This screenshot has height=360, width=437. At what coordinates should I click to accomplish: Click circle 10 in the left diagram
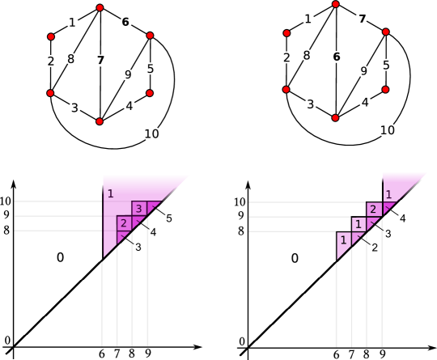click(x=152, y=134)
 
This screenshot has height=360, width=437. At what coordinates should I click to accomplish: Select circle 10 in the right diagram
click(x=388, y=130)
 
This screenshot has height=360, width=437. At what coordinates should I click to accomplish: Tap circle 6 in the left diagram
click(x=126, y=22)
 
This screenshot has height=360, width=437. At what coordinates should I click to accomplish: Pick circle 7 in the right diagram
click(x=362, y=18)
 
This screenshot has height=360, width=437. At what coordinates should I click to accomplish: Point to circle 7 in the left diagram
click(x=100, y=61)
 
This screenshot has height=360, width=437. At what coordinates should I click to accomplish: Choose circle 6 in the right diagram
click(x=337, y=57)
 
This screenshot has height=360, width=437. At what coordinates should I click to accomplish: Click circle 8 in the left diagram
click(x=71, y=58)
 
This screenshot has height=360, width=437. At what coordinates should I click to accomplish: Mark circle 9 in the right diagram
click(x=363, y=71)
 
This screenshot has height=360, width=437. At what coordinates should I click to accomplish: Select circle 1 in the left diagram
click(x=72, y=22)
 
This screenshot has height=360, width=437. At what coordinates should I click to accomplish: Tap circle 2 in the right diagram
click(x=286, y=57)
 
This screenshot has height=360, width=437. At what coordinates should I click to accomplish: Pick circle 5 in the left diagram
click(x=151, y=69)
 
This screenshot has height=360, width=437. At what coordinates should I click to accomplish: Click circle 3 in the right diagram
click(x=310, y=104)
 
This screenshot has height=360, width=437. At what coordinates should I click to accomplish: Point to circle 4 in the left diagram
click(x=129, y=106)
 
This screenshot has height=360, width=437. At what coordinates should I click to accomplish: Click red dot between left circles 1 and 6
click(x=100, y=7)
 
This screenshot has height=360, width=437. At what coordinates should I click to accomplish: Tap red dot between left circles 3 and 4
click(x=100, y=121)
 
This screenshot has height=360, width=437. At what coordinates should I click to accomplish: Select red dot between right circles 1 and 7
click(x=335, y=4)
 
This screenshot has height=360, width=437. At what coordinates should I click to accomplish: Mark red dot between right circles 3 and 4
click(x=335, y=118)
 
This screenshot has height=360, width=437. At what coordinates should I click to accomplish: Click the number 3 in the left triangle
click(x=139, y=209)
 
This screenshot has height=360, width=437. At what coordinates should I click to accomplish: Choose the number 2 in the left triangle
click(x=123, y=223)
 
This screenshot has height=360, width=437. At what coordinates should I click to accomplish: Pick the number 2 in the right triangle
click(x=373, y=210)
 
